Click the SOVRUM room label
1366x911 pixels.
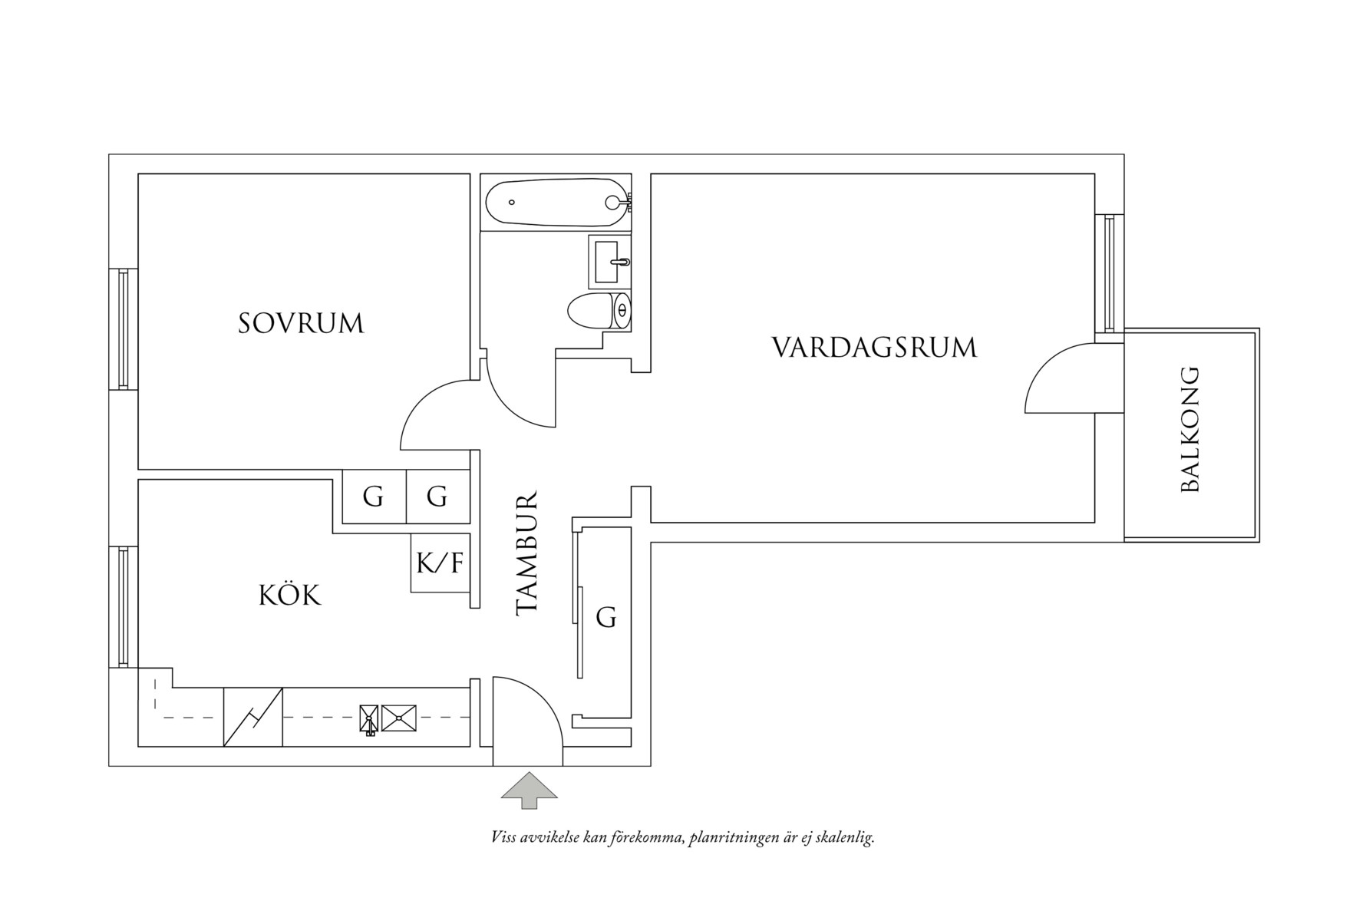(x=301, y=323)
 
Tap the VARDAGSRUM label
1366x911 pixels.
(x=874, y=348)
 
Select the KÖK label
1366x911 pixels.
(x=289, y=595)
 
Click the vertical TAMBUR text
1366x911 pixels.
(x=527, y=553)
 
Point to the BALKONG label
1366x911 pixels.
(x=1189, y=430)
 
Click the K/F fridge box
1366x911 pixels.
(x=440, y=563)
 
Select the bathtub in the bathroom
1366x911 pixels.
(x=556, y=203)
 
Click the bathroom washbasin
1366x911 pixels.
(x=610, y=262)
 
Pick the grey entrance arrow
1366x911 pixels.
(x=529, y=791)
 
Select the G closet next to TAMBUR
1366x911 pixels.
(x=606, y=618)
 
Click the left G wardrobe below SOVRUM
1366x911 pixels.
(x=373, y=497)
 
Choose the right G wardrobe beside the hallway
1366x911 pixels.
(x=437, y=497)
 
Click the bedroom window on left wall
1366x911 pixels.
(x=123, y=328)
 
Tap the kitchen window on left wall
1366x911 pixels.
(x=123, y=606)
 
